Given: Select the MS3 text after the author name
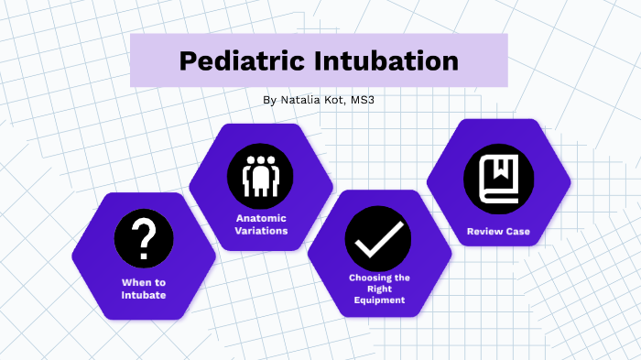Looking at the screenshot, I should pyautogui.click(x=362, y=99).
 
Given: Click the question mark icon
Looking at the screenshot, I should pyautogui.click(x=143, y=241).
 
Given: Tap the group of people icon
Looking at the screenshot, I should pyautogui.click(x=261, y=174).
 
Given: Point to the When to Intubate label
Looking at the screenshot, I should pyautogui.click(x=144, y=289).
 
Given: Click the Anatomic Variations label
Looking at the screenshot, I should pyautogui.click(x=261, y=224).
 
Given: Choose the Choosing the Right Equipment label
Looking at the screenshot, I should pyautogui.click(x=377, y=289).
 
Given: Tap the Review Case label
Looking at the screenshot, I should pyautogui.click(x=497, y=232).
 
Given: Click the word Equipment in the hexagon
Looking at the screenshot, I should pyautogui.click(x=377, y=300).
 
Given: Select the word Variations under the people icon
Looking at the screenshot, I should pyautogui.click(x=261, y=231).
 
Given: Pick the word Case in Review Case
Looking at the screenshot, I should pyautogui.click(x=516, y=232).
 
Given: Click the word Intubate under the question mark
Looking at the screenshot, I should pyautogui.click(x=144, y=295).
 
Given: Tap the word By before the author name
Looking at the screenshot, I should pyautogui.click(x=267, y=99).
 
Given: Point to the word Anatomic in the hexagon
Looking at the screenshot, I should pyautogui.click(x=261, y=218).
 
